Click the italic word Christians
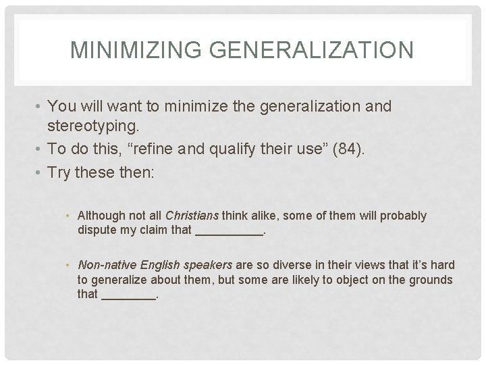coord(192,216)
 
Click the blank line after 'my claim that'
coord(229,231)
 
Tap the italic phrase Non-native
coord(101,265)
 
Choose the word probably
coord(404,216)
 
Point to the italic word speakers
coord(208,265)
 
